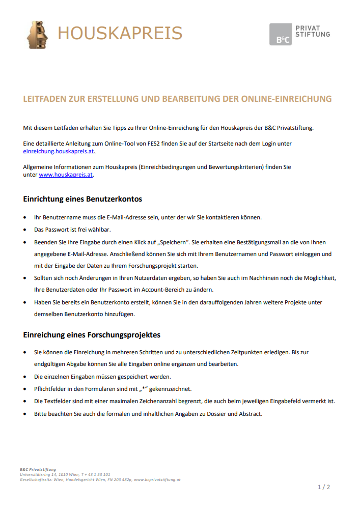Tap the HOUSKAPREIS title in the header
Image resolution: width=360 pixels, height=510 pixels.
tap(120, 33)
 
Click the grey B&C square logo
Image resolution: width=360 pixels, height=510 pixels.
tap(281, 34)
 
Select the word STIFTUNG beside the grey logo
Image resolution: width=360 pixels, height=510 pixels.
tap(313, 34)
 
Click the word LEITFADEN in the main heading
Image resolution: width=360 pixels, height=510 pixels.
tap(45, 99)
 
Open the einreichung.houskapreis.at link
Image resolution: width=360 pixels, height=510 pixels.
tap(59, 151)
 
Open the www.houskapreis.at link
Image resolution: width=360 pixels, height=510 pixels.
tap(66, 175)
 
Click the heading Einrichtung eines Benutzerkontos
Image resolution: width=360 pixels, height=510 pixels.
tap(82, 199)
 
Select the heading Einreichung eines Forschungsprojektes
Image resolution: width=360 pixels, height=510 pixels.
tap(92, 334)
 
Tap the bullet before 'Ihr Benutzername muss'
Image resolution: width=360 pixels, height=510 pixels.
tap(26, 217)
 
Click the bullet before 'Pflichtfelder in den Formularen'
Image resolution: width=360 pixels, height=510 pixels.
tap(26, 389)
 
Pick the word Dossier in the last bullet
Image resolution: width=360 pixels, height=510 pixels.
tap(217, 413)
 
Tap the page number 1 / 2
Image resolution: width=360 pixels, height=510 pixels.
tap(324, 487)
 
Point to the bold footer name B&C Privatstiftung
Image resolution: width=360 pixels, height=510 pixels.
tap(38, 469)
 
